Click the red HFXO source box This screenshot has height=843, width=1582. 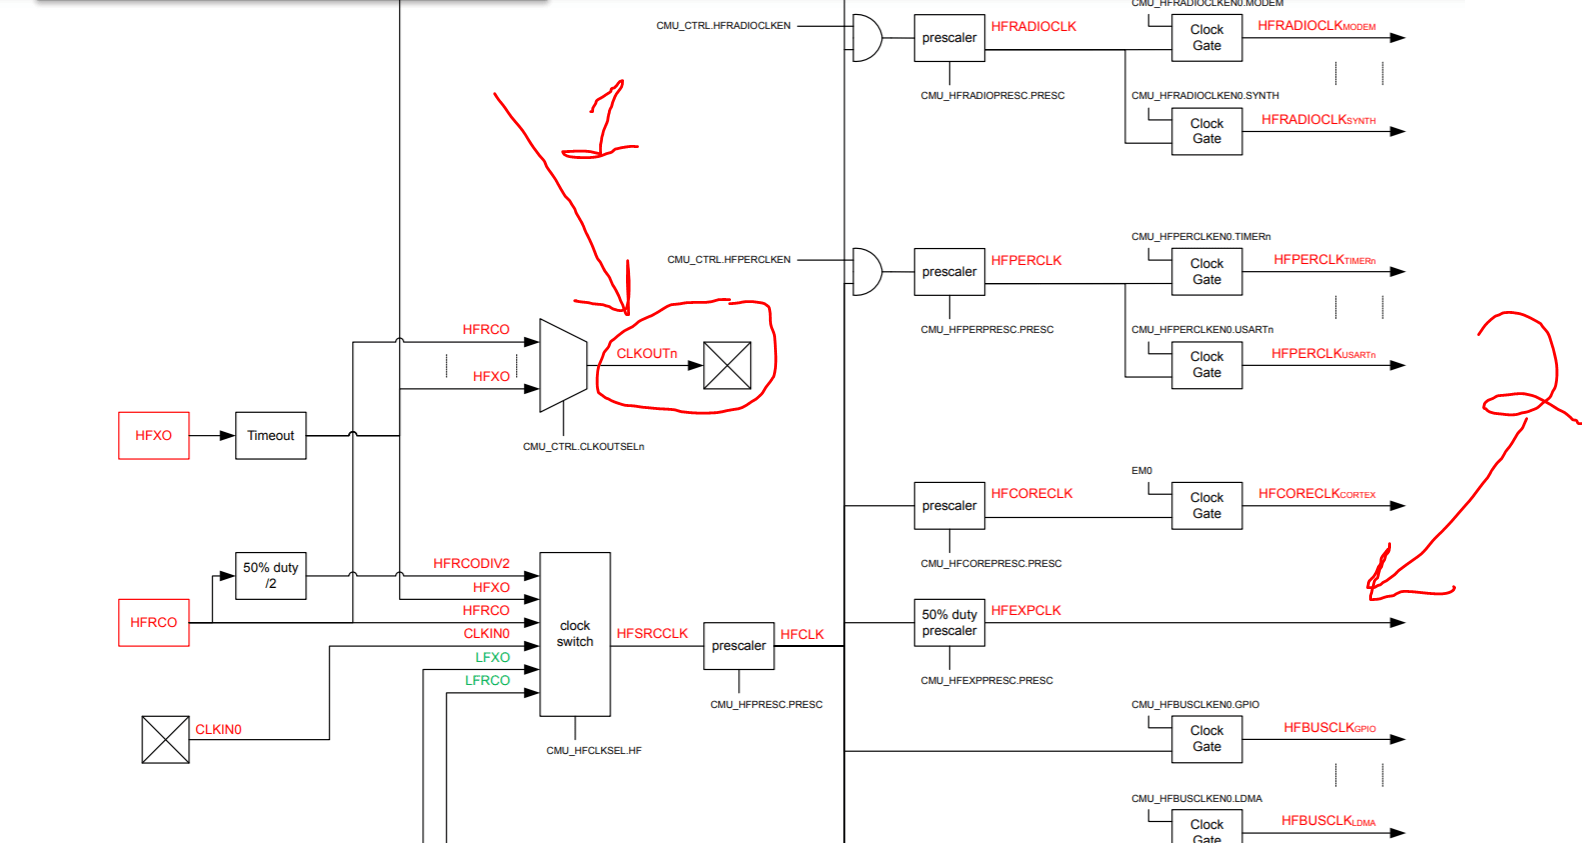coord(153,436)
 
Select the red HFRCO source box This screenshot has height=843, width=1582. coord(153,622)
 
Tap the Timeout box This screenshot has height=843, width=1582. coord(270,436)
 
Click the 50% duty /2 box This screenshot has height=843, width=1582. coord(270,575)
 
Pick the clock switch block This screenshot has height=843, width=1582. coord(575,634)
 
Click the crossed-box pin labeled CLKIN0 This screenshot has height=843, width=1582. coord(165,739)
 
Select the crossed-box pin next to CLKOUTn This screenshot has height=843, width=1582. coord(727,365)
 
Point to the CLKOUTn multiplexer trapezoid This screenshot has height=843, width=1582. coord(562,365)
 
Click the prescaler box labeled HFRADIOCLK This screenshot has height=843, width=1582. coord(949,38)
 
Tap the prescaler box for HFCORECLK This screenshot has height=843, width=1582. coord(949,506)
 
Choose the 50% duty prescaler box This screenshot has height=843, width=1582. coord(949,622)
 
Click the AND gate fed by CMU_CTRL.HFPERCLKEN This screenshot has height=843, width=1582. coord(866,272)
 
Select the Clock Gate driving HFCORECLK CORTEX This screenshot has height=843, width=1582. coord(1206,506)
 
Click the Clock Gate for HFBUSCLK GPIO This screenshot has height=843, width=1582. coord(1206,739)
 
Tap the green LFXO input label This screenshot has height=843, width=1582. coord(493,657)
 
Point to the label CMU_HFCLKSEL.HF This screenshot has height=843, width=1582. coord(594,750)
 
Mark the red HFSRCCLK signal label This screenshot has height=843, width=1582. coord(652,634)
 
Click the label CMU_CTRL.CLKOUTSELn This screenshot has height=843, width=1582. coord(583,447)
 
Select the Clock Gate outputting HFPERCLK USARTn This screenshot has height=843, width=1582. coord(1206,365)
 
